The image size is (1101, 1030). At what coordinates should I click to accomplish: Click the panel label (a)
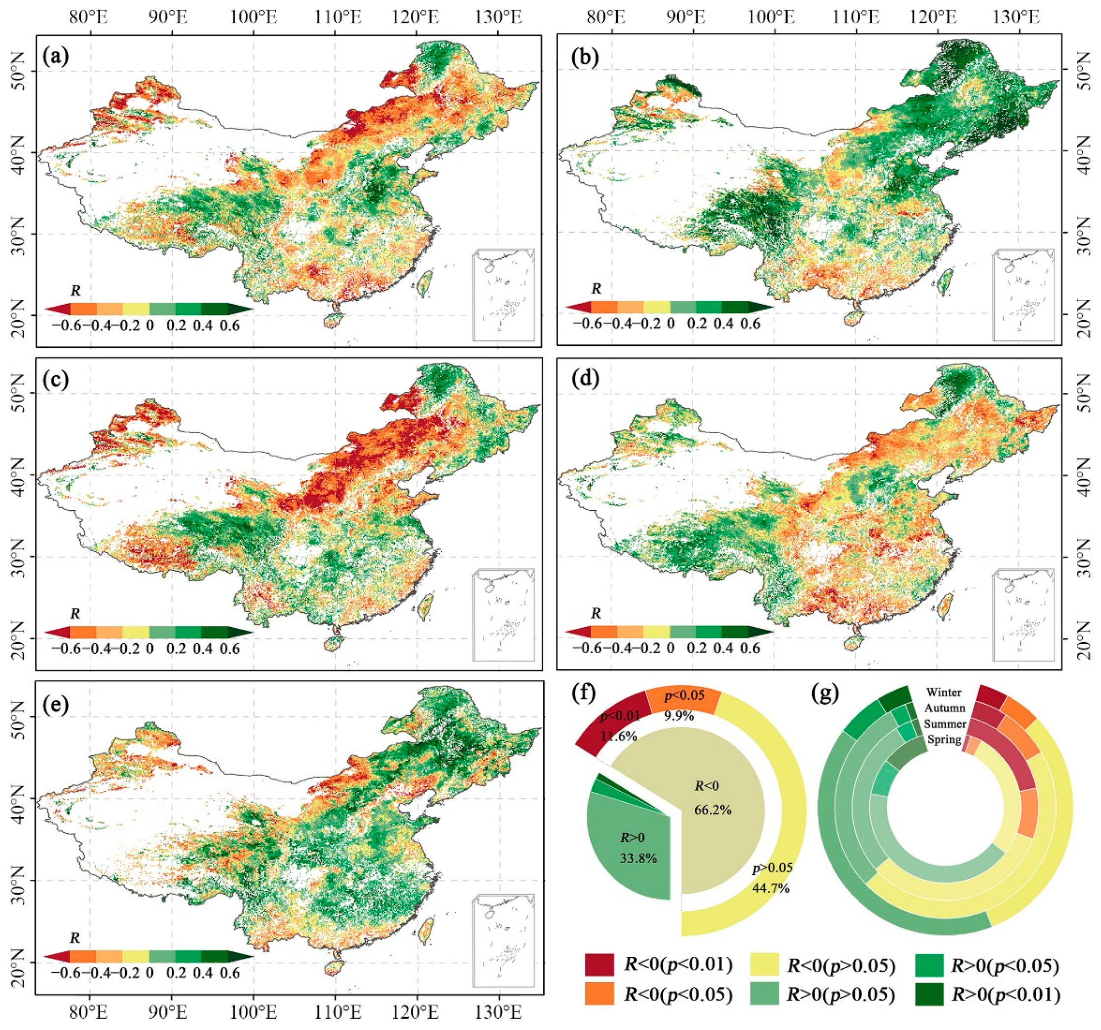[x=56, y=56]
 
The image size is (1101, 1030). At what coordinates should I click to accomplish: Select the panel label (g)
[x=827, y=695]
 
